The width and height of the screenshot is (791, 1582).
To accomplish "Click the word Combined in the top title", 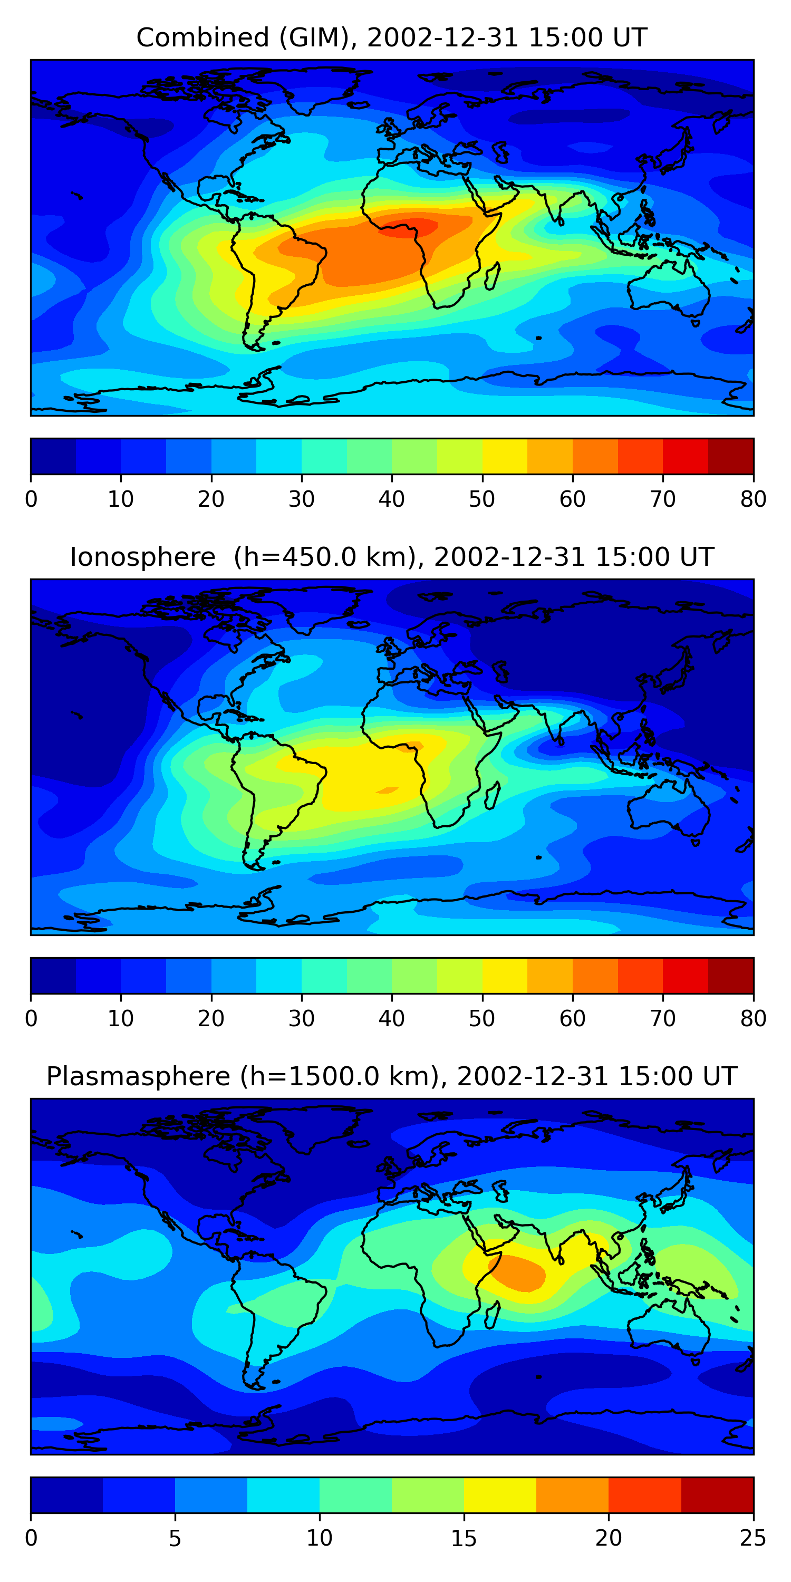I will (202, 38).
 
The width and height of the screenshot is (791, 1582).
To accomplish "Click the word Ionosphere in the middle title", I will (142, 557).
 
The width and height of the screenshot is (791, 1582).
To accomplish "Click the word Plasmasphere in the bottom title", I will (138, 1077).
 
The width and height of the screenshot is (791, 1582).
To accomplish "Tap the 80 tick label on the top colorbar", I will (753, 499).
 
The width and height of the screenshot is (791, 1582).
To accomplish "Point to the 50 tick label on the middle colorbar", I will (482, 1018).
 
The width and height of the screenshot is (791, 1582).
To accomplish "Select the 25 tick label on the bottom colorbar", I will (753, 1538).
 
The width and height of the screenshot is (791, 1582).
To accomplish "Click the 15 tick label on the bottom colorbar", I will (464, 1538).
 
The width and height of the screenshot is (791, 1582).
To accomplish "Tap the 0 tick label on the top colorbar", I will (31, 499).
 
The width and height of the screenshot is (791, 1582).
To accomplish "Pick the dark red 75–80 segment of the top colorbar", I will (731, 456).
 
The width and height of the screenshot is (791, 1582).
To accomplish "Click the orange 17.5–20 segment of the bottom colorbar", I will (572, 1495).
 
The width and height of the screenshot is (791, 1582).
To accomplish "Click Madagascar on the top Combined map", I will (493, 276).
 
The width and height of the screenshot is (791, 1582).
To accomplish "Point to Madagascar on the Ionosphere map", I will (493, 795).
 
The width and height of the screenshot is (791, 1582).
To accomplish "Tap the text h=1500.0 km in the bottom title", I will (344, 1077).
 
